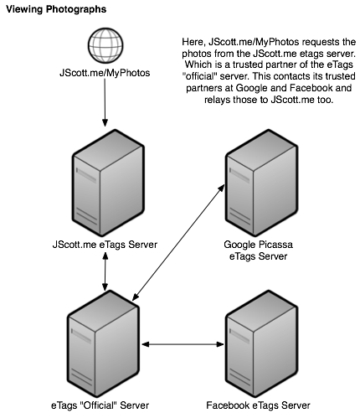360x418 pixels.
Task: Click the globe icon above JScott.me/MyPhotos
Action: pos(105,45)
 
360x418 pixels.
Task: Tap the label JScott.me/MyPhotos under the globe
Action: pos(105,73)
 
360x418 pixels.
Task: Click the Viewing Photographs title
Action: pos(56,9)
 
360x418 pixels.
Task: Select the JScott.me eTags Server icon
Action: pos(108,183)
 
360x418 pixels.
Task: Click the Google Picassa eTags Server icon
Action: pos(261,183)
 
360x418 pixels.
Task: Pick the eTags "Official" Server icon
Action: pos(103,343)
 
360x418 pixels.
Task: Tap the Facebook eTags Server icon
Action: pos(261,343)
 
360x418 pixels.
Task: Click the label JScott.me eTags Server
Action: pos(105,245)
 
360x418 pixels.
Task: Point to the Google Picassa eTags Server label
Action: pos(258,250)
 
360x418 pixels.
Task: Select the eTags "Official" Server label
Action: pos(100,405)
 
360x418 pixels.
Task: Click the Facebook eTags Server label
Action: pos(258,405)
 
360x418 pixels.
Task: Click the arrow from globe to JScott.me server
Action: pos(105,102)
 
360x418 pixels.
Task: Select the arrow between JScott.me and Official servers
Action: pos(105,271)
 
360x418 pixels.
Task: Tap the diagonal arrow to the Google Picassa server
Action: pos(178,242)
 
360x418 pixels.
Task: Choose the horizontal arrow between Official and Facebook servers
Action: pos(183,344)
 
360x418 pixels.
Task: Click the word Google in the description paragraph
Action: pos(252,88)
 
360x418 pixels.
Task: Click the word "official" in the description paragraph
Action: pos(199,76)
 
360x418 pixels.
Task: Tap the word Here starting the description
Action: pos(194,42)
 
